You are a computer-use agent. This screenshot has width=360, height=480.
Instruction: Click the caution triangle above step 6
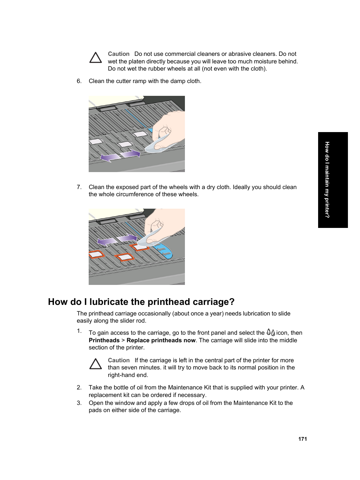95,58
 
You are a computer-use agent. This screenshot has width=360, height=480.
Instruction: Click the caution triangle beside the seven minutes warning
95,364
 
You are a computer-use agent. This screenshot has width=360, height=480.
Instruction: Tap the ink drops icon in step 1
271,332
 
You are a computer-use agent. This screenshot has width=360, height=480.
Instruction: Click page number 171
302,439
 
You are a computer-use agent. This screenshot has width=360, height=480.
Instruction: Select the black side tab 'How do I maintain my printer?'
332,180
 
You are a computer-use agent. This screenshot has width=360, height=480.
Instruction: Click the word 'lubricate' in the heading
109,302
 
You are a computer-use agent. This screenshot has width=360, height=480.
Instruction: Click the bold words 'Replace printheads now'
161,340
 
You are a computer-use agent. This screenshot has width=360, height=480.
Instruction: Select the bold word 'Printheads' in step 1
104,340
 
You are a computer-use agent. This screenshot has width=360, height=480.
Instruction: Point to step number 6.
79,81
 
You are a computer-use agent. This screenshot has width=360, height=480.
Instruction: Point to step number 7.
79,187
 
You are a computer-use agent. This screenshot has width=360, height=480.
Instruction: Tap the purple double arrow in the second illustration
117,240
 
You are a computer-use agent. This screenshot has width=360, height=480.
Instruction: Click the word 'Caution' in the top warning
118,54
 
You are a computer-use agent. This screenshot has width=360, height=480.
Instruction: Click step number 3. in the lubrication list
79,403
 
